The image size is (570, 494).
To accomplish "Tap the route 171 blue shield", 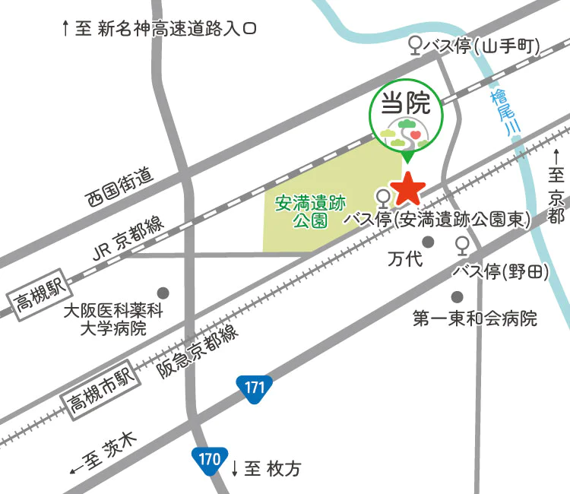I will point(254,388).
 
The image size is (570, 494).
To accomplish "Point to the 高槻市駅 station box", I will point(98,387).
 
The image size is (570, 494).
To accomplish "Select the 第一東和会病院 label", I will point(474,318).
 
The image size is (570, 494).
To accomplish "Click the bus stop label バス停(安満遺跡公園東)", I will point(436,220).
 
